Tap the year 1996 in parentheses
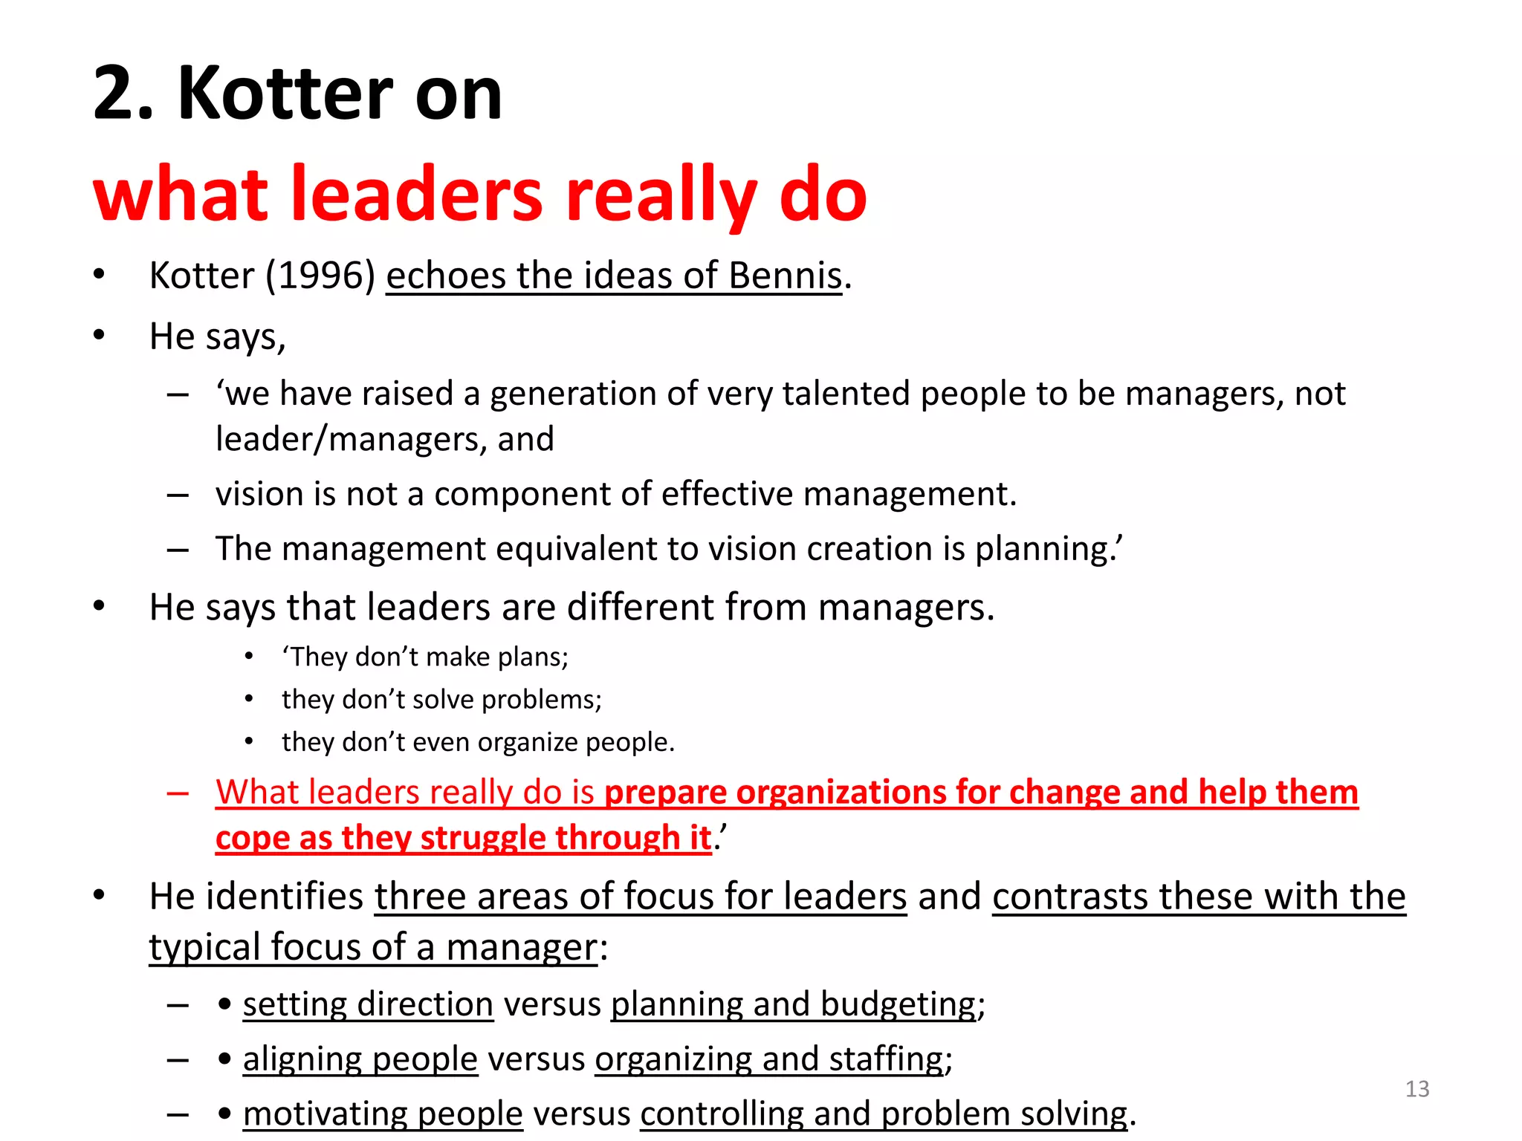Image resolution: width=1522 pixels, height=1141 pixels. click(x=320, y=276)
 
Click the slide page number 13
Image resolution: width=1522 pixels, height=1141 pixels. click(x=1417, y=1089)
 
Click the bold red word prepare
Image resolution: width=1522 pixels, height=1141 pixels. click(x=665, y=793)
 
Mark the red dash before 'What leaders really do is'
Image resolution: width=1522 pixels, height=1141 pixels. click(x=178, y=793)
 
